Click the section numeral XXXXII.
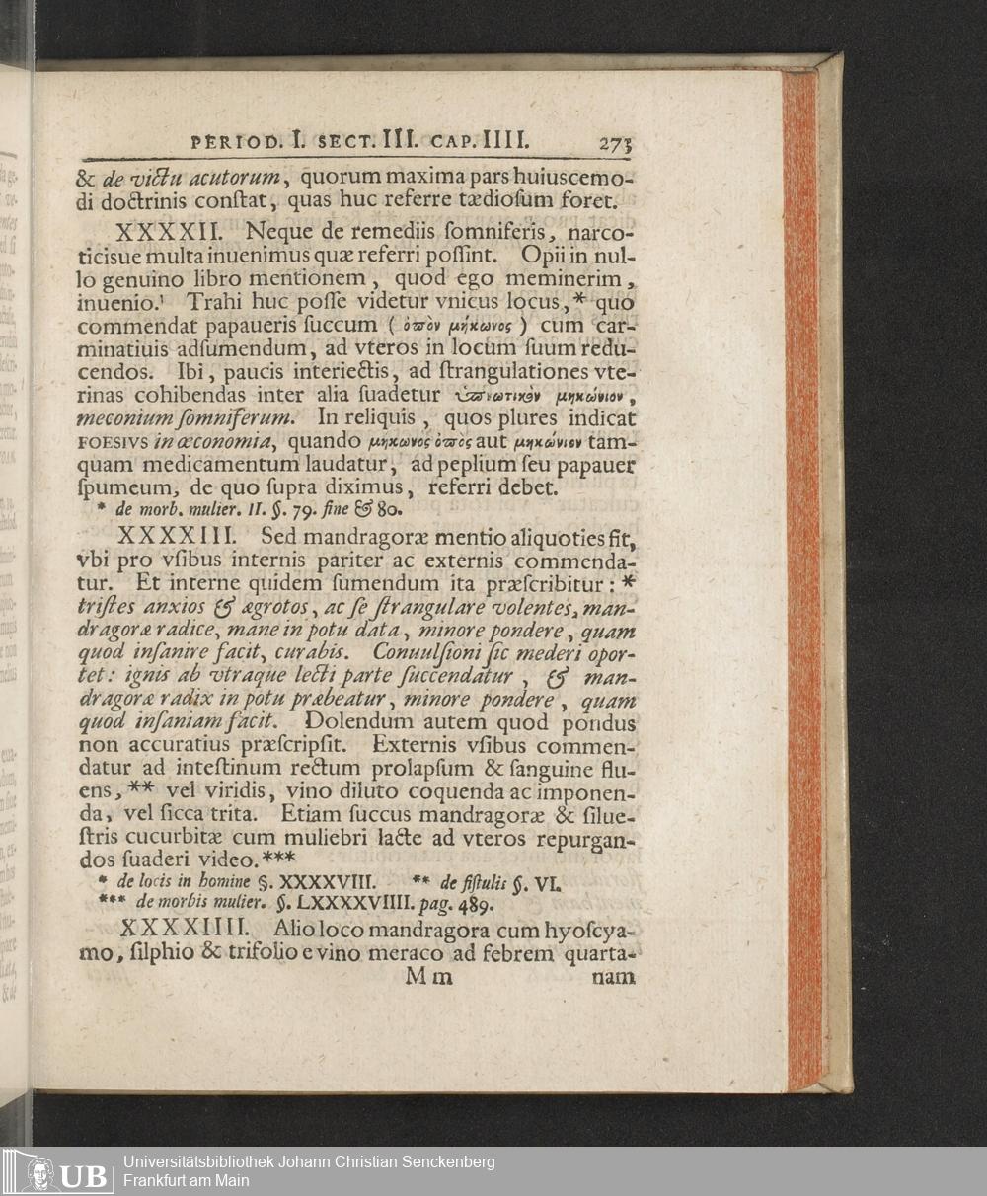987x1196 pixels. [x=173, y=234]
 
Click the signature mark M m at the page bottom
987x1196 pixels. [x=428, y=977]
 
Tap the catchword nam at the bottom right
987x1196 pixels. [x=613, y=977]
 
